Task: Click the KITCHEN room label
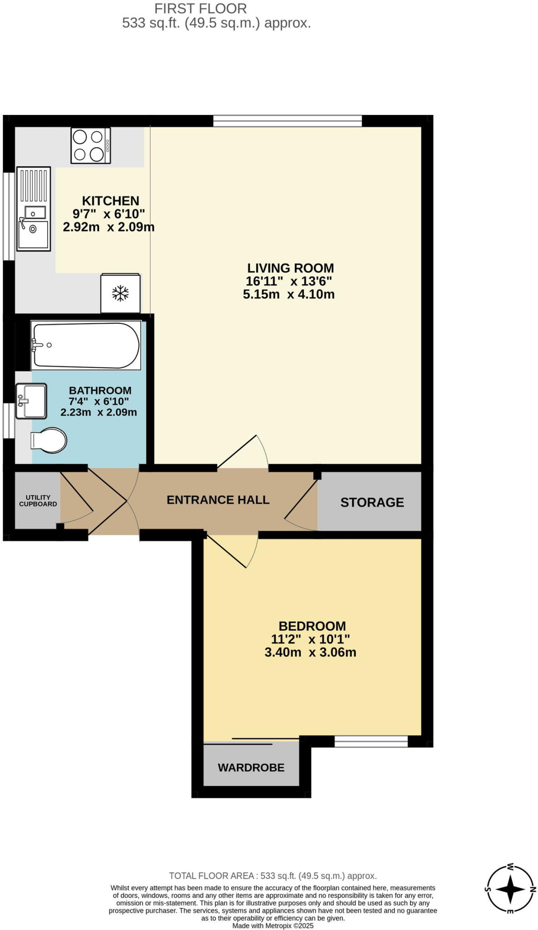coord(110,201)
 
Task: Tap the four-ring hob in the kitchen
coord(90,146)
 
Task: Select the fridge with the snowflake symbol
coord(120,293)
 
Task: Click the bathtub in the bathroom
coord(85,345)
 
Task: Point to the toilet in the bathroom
coord(49,440)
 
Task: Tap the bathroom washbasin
coord(31,401)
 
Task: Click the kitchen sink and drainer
coord(33,208)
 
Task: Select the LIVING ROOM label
coord(290,268)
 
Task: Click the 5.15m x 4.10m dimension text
coord(289,294)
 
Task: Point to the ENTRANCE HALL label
coord(218,500)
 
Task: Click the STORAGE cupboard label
coord(372,502)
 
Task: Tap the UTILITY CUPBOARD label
coord(38,501)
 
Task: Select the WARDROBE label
coord(251,767)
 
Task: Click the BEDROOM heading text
coord(312,626)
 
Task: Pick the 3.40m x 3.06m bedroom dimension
coord(310,653)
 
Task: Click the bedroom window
coord(371,742)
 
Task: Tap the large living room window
coord(288,121)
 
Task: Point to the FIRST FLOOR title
coord(200,8)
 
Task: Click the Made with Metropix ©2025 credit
coord(273,925)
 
